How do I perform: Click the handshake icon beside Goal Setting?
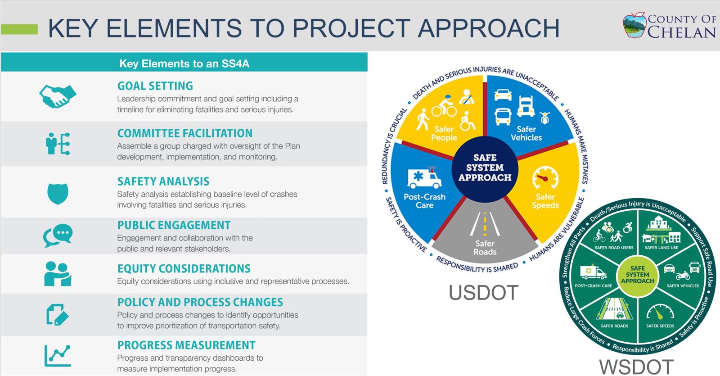[x=58, y=96]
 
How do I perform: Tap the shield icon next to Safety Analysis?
[x=58, y=194]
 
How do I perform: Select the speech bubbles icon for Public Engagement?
[x=58, y=236]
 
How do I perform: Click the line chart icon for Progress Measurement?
[x=58, y=355]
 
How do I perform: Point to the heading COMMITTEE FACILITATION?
[x=185, y=133]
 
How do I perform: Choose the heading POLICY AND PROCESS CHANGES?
[x=200, y=302]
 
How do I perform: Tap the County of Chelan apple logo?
[x=634, y=25]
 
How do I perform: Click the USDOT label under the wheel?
[x=483, y=292]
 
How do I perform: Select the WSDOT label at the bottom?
[x=636, y=367]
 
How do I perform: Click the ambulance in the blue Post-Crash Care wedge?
[x=425, y=177]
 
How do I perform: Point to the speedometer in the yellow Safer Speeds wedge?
[x=545, y=177]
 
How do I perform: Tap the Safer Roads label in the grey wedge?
[x=485, y=248]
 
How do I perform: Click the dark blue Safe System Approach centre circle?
[x=485, y=169]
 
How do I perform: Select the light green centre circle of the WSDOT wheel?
[x=638, y=276]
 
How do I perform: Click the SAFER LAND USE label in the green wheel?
[x=661, y=248]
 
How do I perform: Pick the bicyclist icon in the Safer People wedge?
[x=444, y=106]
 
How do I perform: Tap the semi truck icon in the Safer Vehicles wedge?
[x=526, y=106]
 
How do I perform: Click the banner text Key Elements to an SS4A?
[x=184, y=63]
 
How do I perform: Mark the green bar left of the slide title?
[x=19, y=29]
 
